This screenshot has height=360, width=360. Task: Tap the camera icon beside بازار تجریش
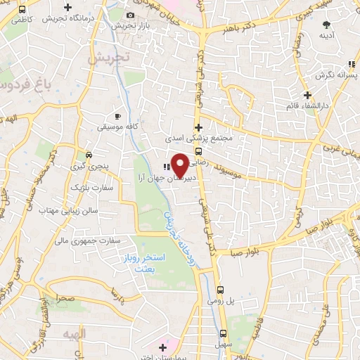tap(130, 15)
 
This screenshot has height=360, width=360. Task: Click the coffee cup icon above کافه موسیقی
tap(117, 116)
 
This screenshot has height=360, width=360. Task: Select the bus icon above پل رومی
tap(220, 289)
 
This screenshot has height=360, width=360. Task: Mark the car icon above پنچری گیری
tap(89, 155)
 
